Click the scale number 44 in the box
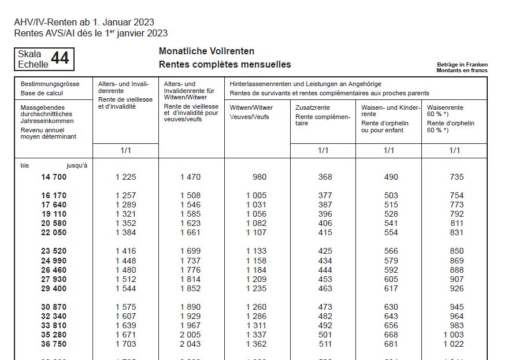60,58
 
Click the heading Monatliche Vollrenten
206,52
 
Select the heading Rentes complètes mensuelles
225,65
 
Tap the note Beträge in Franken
462,64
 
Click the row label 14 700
54,177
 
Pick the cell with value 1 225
125,177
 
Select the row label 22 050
54,232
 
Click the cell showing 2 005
191,335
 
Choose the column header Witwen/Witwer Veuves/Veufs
251,112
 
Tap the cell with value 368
325,177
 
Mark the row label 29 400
54,288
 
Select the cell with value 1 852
191,288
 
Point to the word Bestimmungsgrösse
50,84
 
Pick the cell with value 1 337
257,335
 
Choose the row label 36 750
54,344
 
